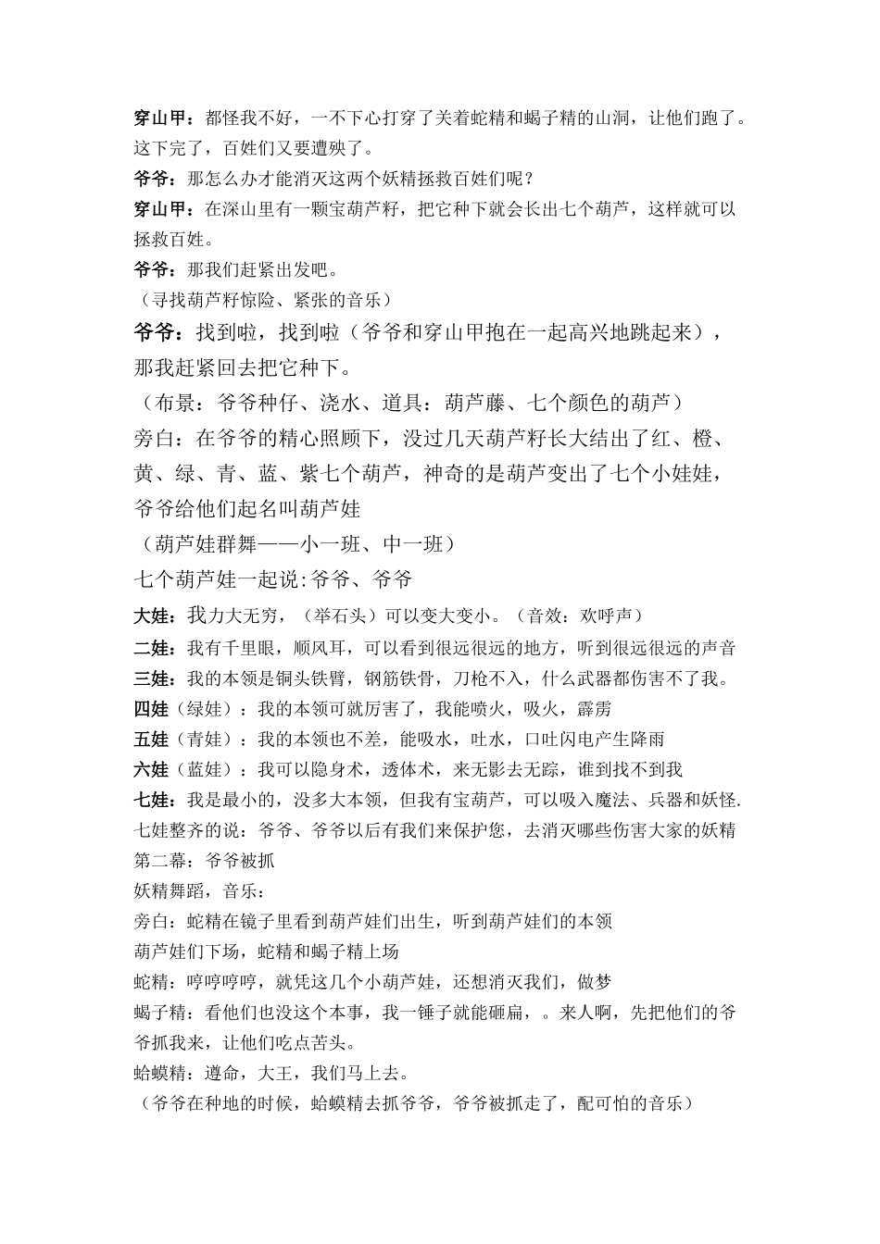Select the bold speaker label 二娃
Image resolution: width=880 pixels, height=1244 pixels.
click(153, 648)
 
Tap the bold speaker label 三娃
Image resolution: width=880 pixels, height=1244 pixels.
click(153, 678)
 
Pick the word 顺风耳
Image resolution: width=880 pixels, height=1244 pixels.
click(338, 648)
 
